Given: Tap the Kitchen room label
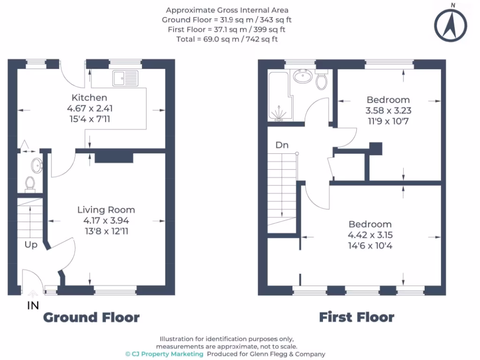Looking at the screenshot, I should point(89,97).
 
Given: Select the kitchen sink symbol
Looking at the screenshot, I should point(125,78).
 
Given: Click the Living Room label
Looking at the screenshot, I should point(106,210).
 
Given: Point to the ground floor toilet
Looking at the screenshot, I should point(30,184).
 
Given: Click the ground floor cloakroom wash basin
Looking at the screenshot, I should point(36,165).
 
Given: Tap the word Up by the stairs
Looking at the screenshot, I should point(31,245).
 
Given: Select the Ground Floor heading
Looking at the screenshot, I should point(91,317).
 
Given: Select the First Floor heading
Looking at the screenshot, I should point(356,317).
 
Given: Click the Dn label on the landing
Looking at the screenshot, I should point(282,145).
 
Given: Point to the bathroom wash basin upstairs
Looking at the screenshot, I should point(302,76).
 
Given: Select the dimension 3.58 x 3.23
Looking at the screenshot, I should point(388,111).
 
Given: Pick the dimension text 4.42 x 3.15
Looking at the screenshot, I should point(369,235).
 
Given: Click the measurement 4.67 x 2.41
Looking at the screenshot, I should point(90,108).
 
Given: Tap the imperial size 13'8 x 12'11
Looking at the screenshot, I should point(106,231).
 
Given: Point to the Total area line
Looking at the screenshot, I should point(227,39).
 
